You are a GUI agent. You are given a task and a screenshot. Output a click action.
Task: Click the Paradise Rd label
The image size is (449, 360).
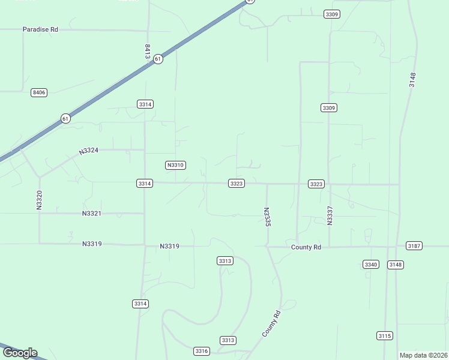[x=40, y=29]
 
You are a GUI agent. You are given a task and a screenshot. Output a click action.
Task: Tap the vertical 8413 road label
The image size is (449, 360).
[x=147, y=50]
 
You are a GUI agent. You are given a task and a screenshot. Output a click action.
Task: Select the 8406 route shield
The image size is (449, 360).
[x=39, y=92]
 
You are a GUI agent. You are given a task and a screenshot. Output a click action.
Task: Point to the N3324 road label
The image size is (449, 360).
[x=88, y=151]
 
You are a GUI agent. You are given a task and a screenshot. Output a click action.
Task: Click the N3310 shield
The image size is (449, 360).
[x=175, y=165]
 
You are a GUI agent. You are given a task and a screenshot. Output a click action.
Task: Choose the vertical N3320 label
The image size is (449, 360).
[x=40, y=199]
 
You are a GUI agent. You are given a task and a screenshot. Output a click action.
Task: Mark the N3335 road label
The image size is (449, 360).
[x=267, y=217]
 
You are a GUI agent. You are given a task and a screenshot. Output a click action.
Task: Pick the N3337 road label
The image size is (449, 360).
[x=330, y=215]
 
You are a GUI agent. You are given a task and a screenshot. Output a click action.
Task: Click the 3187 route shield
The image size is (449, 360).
[x=414, y=246]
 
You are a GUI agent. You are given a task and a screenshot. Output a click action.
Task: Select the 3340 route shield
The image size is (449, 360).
[x=371, y=265]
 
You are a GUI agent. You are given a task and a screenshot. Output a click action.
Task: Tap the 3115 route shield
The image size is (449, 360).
[x=385, y=335]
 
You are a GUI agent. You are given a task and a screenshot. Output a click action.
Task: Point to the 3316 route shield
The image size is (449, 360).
[x=202, y=351]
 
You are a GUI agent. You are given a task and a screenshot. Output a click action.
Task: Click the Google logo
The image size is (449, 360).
[x=20, y=353]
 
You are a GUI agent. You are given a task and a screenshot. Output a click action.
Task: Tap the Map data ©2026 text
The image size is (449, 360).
[x=424, y=355]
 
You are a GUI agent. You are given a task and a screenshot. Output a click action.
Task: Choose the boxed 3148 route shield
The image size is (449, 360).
[x=395, y=265]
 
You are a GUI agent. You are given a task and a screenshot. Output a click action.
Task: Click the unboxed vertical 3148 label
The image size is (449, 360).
[x=412, y=80]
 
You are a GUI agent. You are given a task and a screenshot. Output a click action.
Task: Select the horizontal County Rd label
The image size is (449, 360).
[x=306, y=247]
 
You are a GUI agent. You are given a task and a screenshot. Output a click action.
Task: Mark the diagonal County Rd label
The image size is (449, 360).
[x=271, y=323]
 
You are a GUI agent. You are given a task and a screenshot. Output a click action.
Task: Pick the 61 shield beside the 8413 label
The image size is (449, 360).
[x=157, y=59]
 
